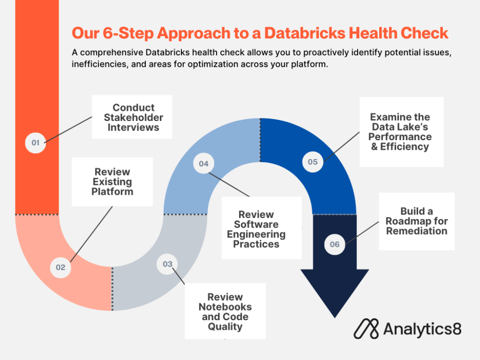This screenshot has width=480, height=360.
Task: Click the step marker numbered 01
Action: pos(36,143)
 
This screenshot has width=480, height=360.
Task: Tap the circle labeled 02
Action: pos(60,267)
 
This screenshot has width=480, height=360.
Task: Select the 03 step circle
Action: pos(167,264)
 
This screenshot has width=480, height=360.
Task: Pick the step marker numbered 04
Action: pos(204,164)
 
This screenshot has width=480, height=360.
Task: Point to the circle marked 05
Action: pos(312,162)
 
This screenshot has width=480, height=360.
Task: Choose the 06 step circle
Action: pos(335,244)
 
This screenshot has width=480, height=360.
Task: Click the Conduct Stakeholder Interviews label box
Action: pos(132,117)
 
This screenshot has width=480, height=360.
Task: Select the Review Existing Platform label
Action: pos(112,181)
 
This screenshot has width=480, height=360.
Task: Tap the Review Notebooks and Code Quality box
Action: pos(225,312)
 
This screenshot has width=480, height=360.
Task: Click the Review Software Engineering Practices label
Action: pos(256,228)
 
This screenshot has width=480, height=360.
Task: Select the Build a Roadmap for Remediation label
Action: pos(416,221)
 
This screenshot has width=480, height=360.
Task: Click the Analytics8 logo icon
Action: pos(366,329)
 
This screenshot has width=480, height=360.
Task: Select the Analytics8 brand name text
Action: pos(422,329)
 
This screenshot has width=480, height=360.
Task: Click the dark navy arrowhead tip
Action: pos(335,314)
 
